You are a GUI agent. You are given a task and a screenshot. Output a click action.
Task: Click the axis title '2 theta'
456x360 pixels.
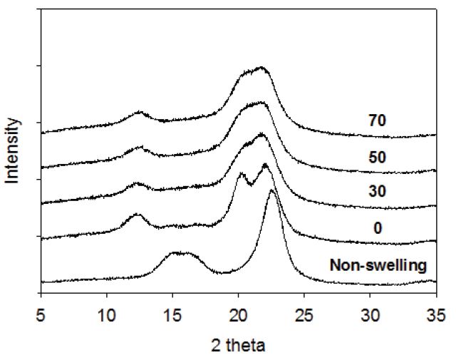coord(239,346)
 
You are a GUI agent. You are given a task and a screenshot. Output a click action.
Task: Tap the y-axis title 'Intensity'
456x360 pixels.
coord(13,150)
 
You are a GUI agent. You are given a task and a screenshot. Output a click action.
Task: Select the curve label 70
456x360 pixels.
coord(377,120)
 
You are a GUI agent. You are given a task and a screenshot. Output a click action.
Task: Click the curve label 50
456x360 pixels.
coord(377,158)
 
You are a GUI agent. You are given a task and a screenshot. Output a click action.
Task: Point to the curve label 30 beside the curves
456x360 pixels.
coord(377,193)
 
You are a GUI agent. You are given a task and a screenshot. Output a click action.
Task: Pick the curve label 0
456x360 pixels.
coord(377,229)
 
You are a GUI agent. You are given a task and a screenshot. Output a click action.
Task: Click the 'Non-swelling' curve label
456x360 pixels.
coord(378,265)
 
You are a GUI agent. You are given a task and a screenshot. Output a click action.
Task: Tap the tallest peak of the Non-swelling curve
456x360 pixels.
coord(272,191)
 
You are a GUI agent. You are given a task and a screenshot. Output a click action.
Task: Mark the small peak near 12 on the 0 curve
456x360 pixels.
coord(138,215)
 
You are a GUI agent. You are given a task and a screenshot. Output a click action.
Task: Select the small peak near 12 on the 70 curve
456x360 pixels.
coord(139,113)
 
